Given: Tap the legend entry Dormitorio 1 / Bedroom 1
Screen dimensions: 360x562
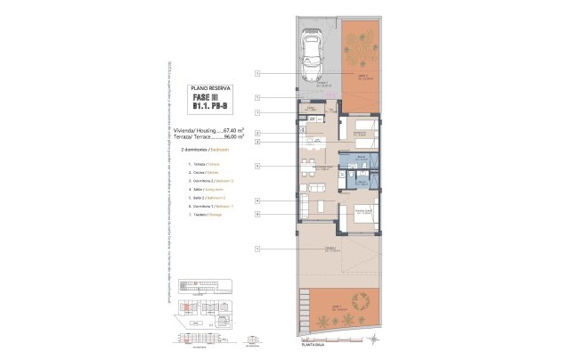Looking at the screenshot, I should pyautogui.click(x=207, y=207).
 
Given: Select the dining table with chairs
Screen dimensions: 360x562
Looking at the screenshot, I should pyautogui.click(x=308, y=167).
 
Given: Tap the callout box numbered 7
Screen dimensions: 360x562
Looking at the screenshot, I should pyautogui.click(x=257, y=112).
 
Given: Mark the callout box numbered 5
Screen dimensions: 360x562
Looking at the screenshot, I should pyautogui.click(x=257, y=166).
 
